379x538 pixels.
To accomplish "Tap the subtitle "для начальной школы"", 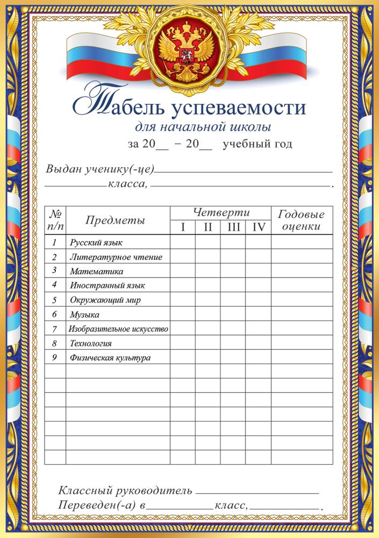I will tap(202, 128).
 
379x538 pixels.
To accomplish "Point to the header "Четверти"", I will tap(220, 212).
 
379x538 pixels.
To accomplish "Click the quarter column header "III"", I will tap(233, 227).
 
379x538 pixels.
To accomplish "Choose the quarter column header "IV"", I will tap(259, 227).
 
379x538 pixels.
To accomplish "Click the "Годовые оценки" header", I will tap(301, 220).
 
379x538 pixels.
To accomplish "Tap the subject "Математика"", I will tap(97, 271).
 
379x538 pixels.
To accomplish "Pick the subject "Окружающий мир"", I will tap(105, 300).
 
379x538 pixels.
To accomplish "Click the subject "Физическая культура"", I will tap(110, 357).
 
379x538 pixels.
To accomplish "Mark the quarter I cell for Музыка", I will tap(183, 314).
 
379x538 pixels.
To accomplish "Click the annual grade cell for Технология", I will tap(301, 343).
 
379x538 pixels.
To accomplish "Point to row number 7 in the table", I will tap(55, 328).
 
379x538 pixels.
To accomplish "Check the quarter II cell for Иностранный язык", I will tap(208, 285).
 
